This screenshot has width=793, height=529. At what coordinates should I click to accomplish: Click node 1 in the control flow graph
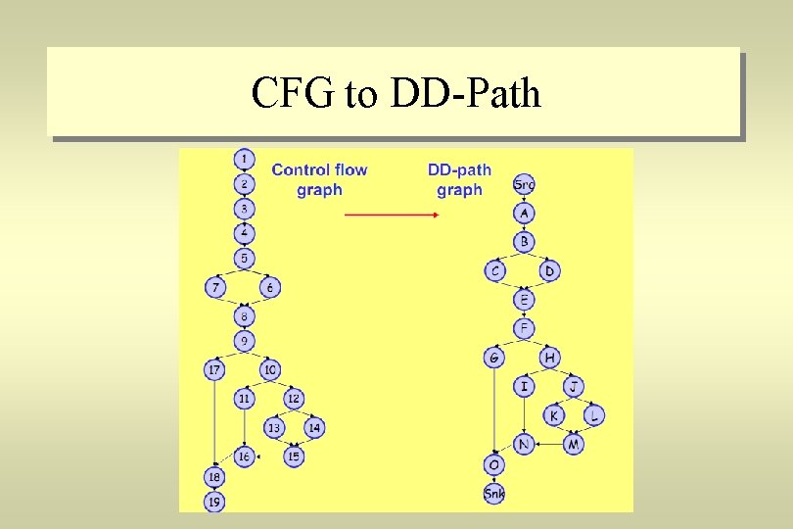(244, 159)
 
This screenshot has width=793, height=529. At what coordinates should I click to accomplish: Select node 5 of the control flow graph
(244, 259)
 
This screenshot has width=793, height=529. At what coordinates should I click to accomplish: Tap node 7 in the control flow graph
(215, 288)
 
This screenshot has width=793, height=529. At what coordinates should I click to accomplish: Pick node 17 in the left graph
(214, 370)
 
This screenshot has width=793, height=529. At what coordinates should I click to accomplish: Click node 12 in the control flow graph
(293, 399)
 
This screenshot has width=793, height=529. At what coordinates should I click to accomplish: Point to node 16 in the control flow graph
(244, 457)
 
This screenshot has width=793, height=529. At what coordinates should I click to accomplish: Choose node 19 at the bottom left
(214, 502)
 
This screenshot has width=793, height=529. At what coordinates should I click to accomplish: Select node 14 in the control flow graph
(313, 428)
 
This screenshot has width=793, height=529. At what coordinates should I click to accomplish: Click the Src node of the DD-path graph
(524, 184)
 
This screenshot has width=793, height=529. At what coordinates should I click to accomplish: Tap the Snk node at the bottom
(494, 494)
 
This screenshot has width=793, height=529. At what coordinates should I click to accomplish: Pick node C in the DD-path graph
(495, 270)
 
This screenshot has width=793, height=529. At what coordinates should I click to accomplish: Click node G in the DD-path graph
(494, 358)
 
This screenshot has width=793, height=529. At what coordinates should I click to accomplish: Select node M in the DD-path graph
(574, 445)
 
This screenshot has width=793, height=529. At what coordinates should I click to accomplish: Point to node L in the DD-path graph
(594, 415)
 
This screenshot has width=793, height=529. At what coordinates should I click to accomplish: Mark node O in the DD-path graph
(494, 464)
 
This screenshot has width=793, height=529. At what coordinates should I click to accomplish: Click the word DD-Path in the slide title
(466, 94)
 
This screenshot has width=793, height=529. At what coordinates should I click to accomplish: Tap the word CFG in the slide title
(293, 94)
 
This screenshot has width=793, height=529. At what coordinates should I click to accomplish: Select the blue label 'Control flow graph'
(319, 179)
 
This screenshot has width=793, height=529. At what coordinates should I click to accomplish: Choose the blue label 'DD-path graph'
(459, 179)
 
